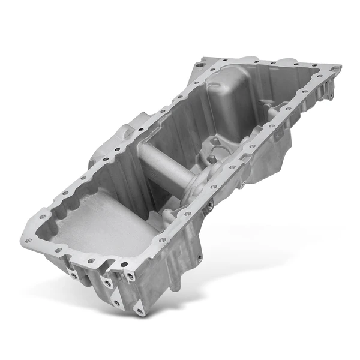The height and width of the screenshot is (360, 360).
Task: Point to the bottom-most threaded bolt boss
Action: tap(139, 311)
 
